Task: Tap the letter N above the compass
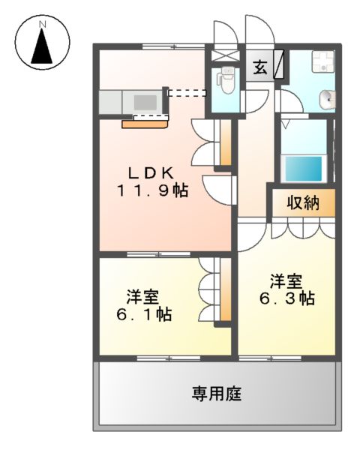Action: coord(43,25)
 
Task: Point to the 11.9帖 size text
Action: coord(151,190)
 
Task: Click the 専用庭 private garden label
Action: coord(214,393)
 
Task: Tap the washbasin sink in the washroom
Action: coord(326,98)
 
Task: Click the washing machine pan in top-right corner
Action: coord(323,61)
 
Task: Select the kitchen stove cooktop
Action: coord(145,100)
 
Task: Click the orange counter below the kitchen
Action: coord(145,124)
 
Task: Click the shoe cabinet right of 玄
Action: coord(278,63)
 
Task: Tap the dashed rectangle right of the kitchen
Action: coord(186,94)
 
